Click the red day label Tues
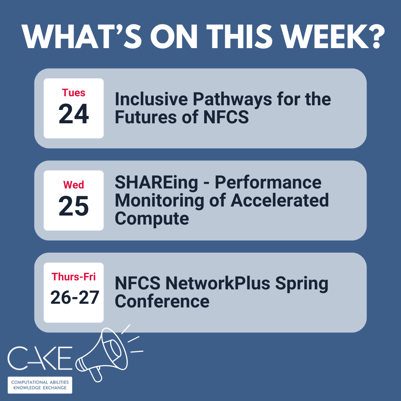tap(74, 93)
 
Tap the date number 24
tap(74, 114)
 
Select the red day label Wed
tap(74, 185)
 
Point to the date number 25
tap(74, 206)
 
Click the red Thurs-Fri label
tap(74, 277)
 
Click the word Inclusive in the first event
tap(151, 99)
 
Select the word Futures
tap(146, 117)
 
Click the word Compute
tap(152, 219)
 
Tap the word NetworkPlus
tap(218, 283)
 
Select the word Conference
tap(162, 301)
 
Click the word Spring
tap(302, 284)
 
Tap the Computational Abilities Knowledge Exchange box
tap(40, 385)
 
